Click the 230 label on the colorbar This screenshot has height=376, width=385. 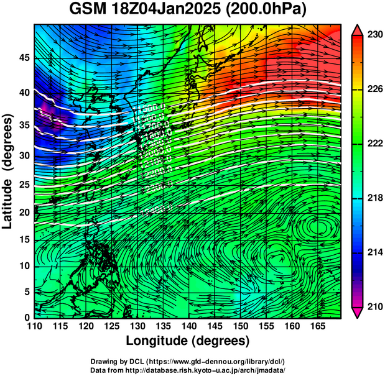click(374, 35)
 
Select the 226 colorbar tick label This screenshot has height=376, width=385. click(374, 89)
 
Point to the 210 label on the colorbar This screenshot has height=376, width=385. click(374, 306)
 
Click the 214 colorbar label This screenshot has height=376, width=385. click(374, 252)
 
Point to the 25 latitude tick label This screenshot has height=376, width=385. click(23, 185)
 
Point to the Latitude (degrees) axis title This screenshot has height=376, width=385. click(9, 171)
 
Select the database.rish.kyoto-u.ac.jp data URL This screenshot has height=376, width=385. click(211, 369)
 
